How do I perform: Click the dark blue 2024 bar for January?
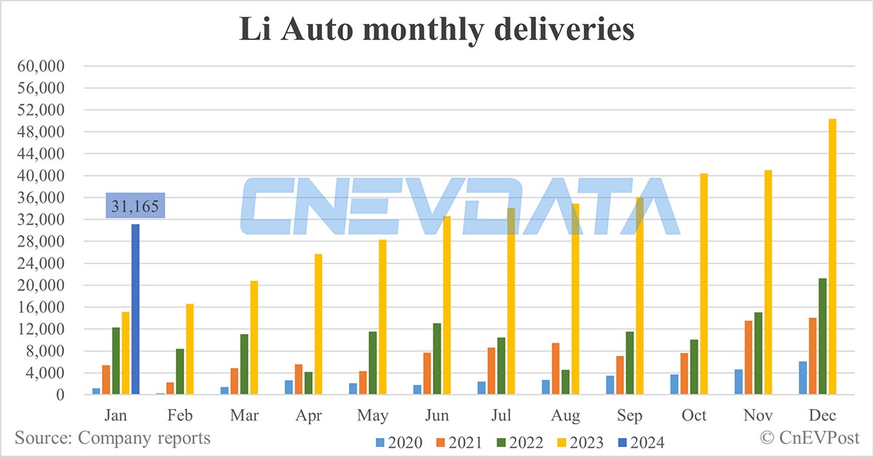coord(135,309)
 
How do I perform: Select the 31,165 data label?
coord(135,205)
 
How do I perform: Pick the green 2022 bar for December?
coord(822,336)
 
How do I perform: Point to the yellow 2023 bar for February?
coord(189,349)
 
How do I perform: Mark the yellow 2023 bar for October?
coord(704,284)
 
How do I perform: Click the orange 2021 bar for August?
coord(556,368)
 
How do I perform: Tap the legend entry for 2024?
coord(640,442)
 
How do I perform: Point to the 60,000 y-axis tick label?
coord(42,66)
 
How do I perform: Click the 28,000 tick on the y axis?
coord(42,242)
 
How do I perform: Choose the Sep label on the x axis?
coord(629,415)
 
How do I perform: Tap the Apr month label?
coord(308,415)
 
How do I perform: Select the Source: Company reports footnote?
coord(113,438)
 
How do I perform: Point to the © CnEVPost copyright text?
coord(810,437)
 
